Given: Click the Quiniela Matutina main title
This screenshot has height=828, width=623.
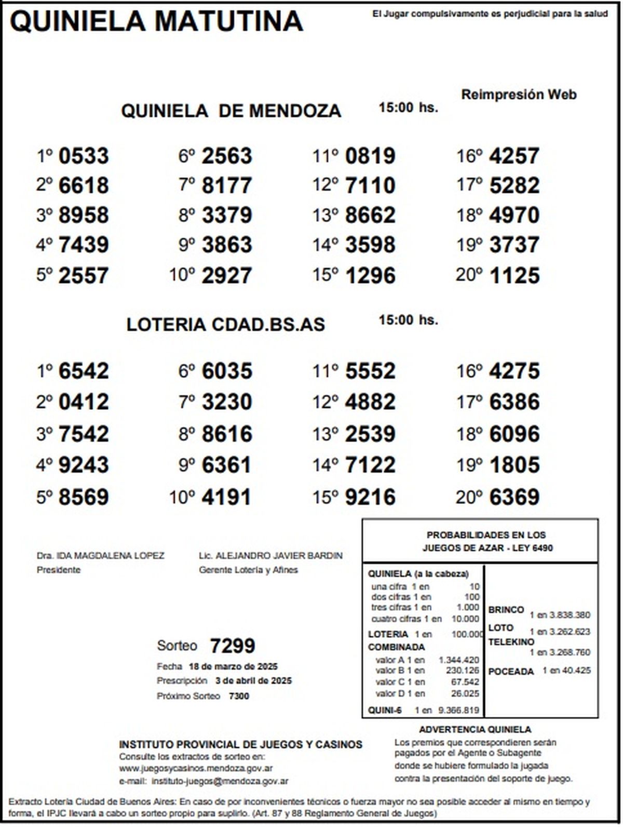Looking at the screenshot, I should point(156,22).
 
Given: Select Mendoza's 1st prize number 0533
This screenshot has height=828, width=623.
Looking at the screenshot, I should point(84,156).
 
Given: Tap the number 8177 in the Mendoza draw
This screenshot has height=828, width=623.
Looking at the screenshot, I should point(226,185).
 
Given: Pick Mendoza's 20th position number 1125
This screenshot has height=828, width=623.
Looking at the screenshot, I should point(514,275).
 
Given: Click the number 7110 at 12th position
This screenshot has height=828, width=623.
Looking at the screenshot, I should point(370,185).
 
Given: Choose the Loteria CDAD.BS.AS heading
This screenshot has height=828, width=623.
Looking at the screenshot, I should point(225,325).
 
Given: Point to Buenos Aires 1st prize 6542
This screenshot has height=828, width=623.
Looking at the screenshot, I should point(84,371).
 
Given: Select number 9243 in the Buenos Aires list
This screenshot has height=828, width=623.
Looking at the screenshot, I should point(84,465).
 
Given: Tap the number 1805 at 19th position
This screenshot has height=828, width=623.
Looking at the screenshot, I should point(514,465).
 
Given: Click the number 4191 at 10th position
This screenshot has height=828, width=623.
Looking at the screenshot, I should point(226,497).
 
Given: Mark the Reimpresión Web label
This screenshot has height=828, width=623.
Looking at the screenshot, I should point(519,95).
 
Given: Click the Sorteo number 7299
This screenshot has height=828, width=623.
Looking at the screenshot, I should point(233,646).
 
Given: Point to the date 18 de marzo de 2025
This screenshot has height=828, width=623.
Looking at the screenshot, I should point(233,666).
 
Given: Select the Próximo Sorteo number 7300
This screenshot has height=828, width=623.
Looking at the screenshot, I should point(239,696).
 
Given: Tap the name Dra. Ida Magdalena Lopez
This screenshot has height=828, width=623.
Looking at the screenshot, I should point(100,555).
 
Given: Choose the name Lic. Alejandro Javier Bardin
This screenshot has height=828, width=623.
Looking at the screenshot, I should point(270,555).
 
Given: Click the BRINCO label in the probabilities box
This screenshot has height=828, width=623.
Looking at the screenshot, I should point(506,610).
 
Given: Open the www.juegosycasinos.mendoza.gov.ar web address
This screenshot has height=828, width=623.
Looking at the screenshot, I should point(196,768).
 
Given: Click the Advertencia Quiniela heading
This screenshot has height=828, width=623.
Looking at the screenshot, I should point(475,730).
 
